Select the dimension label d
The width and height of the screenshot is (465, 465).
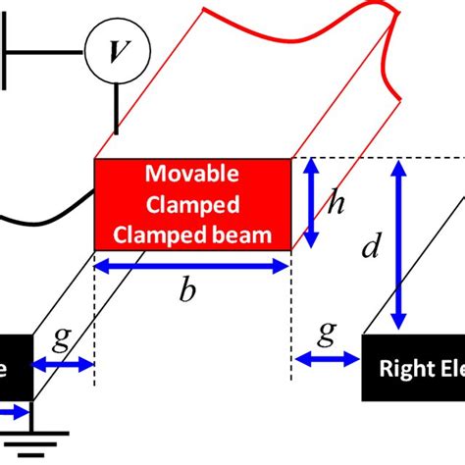tap(371, 247)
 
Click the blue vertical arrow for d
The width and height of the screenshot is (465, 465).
tap(398, 246)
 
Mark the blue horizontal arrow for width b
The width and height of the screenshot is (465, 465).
tap(191, 265)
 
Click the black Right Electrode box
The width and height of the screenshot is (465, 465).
tap(413, 369)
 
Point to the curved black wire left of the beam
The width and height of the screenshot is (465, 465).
tap(49, 210)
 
